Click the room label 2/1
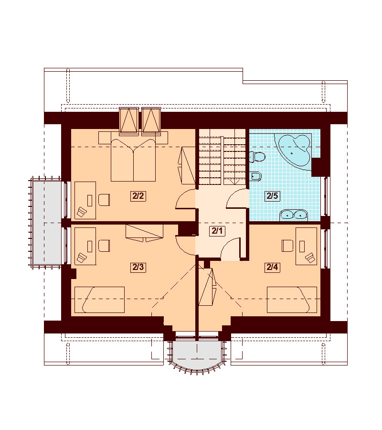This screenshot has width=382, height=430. (217, 231)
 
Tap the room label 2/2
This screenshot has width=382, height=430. (138, 196)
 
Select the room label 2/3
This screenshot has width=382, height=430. (138, 267)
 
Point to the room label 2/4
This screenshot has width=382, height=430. (272, 267)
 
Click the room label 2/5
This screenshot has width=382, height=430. (272, 196)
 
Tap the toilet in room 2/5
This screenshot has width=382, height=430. (257, 157)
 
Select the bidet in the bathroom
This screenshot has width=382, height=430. (255, 176)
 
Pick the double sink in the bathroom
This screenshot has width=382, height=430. (294, 215)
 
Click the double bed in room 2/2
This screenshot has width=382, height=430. (133, 160)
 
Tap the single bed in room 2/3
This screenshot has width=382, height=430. (100, 300)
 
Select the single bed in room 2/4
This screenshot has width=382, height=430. (292, 300)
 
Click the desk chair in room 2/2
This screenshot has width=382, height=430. (104, 200)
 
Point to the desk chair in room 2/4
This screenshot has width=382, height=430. (287, 246)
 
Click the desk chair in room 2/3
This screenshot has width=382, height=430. (104, 246)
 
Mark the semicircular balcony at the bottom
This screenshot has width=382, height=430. (197, 355)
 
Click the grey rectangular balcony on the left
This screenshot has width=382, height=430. (45, 222)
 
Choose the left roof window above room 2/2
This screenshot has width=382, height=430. (129, 121)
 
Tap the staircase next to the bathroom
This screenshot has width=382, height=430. (222, 158)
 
